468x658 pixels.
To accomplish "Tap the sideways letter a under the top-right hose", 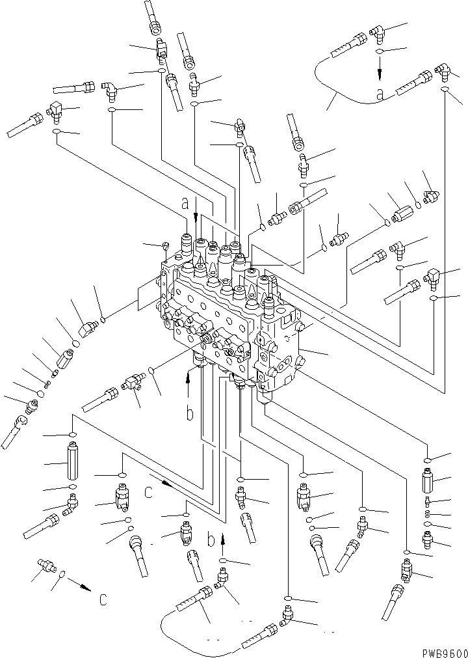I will tap(381, 95).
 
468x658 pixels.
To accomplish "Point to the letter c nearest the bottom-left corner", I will tap(103, 599).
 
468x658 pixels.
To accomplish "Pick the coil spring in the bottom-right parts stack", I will tap(428, 514).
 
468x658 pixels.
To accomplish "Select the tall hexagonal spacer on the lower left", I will tap(72, 461).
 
